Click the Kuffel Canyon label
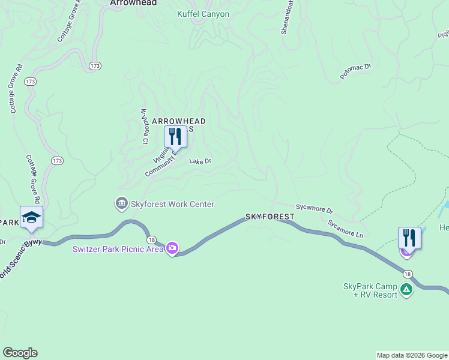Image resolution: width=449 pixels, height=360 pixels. (203, 14)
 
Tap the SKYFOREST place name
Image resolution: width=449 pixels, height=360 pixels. (270, 216)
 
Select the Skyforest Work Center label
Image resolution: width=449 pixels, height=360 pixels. (171, 204)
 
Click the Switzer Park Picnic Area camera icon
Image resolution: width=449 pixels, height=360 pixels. (172, 248)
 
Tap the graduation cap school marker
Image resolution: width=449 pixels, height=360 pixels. (31, 217)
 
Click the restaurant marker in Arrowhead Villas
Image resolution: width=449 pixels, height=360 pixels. (175, 137)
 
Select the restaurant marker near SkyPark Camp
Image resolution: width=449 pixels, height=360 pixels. (409, 237)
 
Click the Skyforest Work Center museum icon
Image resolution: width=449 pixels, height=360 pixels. (122, 204)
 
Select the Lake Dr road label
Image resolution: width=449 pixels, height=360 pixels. (200, 161)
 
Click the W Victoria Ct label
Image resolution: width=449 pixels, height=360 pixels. (144, 126)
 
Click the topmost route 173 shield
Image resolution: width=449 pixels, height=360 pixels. (95, 65)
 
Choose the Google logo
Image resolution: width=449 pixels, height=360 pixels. (20, 353)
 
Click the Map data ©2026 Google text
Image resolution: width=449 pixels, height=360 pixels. (411, 355)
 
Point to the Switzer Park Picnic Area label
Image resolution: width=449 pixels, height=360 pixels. (118, 249)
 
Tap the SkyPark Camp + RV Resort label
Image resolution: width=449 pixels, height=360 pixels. (370, 290)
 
